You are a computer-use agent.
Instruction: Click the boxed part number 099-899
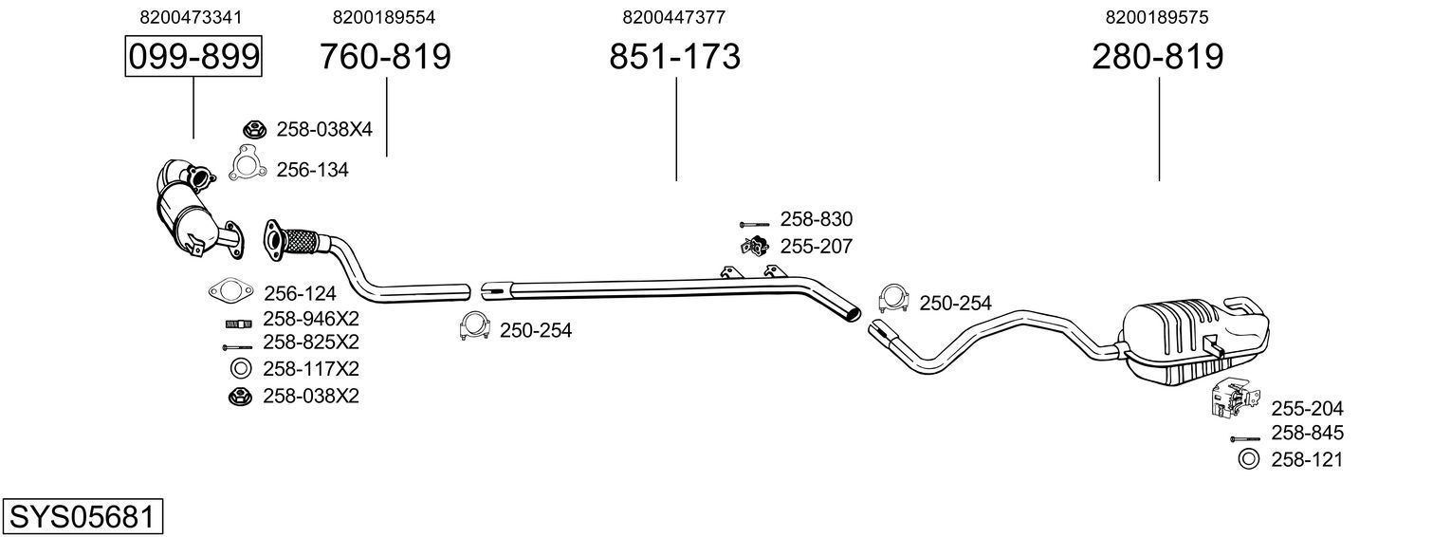193,57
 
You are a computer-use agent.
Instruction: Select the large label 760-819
385,57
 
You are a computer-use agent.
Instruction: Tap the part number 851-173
674,57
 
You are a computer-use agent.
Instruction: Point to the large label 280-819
1157,57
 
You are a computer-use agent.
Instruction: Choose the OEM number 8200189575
1157,17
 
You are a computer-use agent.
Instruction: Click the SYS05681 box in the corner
82,517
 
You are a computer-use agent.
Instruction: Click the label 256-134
312,170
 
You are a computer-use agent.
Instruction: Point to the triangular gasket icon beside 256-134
247,165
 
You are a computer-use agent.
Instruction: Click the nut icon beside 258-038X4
253,129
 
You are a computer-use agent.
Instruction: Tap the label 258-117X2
310,368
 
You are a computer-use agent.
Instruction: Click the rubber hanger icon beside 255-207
754,247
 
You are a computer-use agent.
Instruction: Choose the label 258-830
816,219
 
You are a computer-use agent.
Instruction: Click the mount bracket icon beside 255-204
1231,400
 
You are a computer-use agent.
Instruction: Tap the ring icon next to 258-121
1249,460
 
